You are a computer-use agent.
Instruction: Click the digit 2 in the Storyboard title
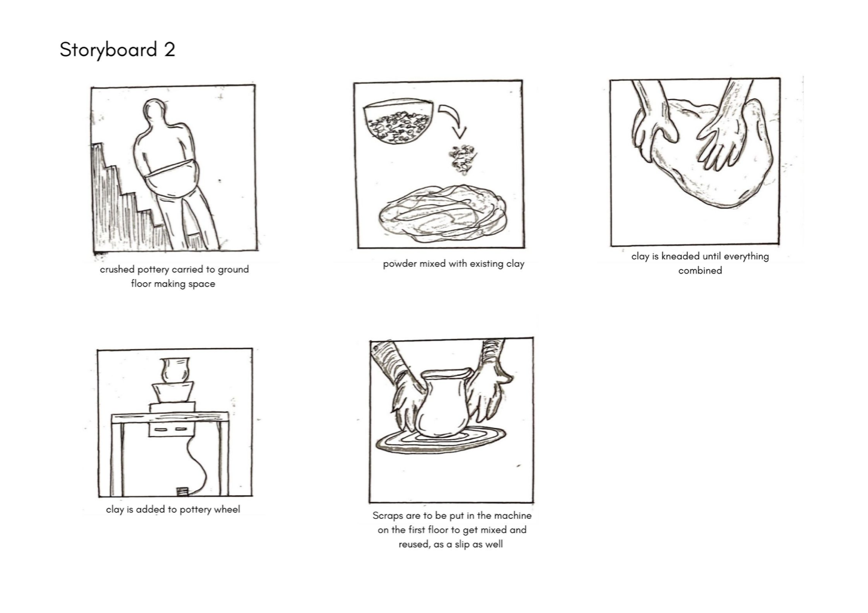point(170,50)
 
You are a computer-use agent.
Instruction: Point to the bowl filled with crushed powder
point(398,122)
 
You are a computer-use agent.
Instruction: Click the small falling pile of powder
point(461,159)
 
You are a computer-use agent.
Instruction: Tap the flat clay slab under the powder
point(442,213)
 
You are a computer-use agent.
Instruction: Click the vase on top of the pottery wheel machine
point(175,370)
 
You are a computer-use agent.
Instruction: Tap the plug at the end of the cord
point(182,492)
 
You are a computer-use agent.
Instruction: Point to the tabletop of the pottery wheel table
point(170,418)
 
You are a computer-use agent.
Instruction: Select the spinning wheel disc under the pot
point(441,440)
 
